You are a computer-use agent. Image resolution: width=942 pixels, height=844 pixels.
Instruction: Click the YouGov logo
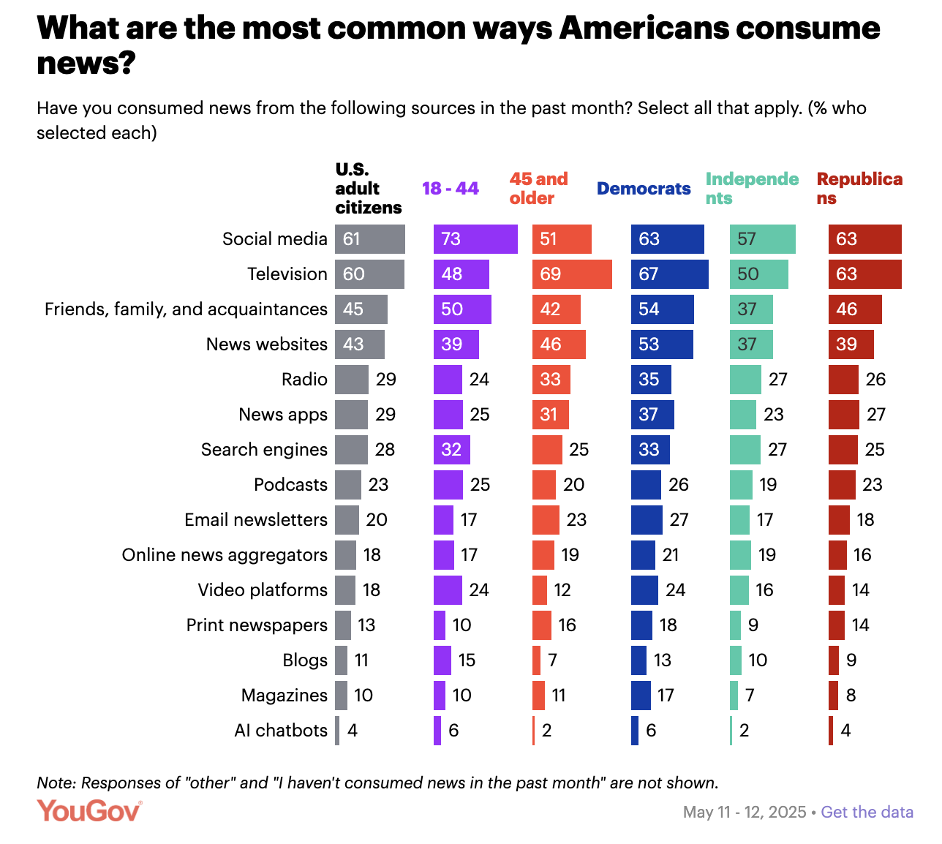coord(89,810)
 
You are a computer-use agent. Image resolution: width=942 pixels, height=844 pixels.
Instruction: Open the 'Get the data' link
coord(867,812)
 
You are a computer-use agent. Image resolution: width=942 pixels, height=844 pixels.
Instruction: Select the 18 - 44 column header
coord(450,189)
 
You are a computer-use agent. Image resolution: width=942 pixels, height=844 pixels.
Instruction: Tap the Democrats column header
coord(643,189)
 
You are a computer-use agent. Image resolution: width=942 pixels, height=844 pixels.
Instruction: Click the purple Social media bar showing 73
coord(475,239)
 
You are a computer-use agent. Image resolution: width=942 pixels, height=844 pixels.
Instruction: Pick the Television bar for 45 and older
coord(572,274)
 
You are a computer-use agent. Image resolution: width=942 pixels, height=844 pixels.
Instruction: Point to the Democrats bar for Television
coord(669,274)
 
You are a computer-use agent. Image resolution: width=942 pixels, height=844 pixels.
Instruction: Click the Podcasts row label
coord(290,485)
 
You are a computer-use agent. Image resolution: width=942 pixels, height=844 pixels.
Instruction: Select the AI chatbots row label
coord(281,731)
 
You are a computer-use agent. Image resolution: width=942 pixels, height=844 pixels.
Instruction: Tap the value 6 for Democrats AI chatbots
coord(651,731)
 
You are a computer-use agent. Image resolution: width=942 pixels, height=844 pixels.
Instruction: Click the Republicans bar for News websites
coord(851,344)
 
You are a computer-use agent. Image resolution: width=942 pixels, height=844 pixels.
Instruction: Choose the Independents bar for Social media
coord(762,239)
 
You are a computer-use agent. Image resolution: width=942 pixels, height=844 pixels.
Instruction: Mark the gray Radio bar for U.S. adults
coord(352,380)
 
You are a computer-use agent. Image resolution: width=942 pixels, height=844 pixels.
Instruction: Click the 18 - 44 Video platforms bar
coord(448,590)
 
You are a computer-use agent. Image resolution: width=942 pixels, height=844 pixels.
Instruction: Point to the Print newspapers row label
coord(257,625)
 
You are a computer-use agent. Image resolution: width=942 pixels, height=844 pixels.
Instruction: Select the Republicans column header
coord(859,189)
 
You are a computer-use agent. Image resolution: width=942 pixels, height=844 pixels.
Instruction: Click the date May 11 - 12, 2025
coord(744,812)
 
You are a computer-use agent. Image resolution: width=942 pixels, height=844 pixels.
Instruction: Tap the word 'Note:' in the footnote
coord(56,783)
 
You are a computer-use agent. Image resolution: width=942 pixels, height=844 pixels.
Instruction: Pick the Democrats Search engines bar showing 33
coord(650,450)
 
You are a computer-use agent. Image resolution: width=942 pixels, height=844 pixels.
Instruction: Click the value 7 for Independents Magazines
coord(750,696)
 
